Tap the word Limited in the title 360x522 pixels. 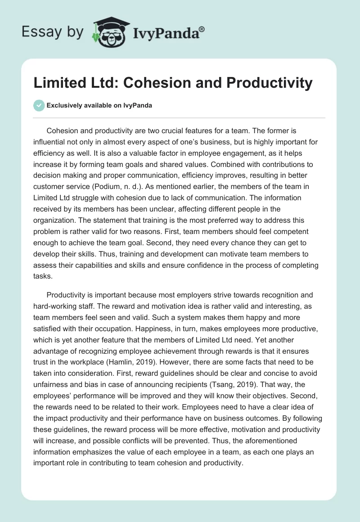pyautogui.click(x=57, y=83)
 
